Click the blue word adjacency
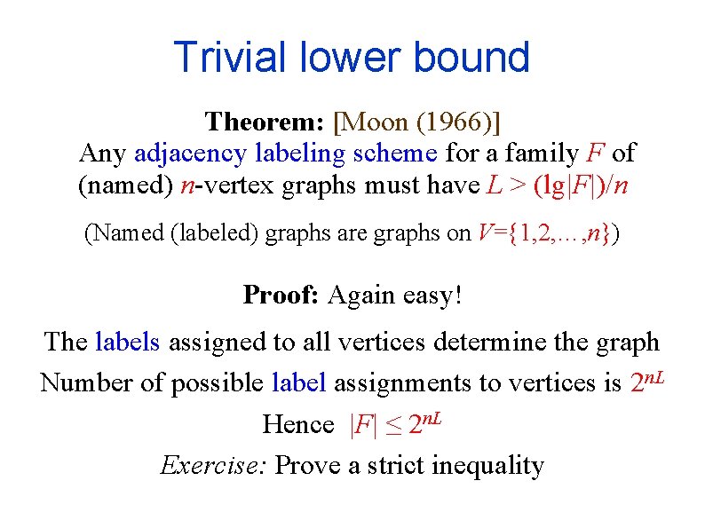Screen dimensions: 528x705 pos(189,154)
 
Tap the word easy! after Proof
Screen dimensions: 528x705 pos(432,295)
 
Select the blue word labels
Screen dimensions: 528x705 pos(128,342)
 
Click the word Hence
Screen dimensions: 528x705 pos(298,425)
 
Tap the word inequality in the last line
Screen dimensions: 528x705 pos(487,465)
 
